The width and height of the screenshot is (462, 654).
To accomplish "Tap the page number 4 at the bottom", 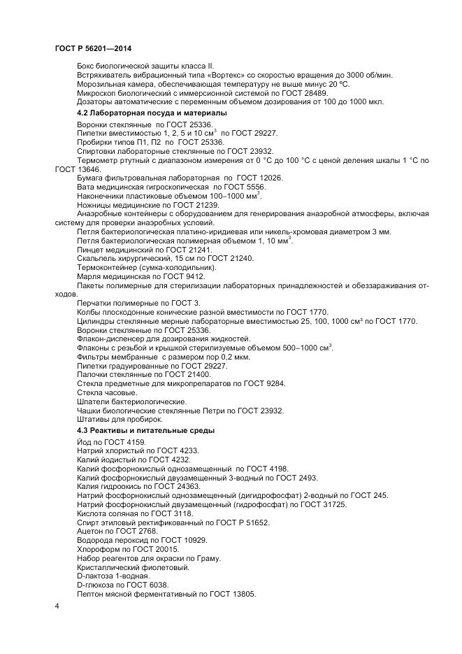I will click(x=57, y=605).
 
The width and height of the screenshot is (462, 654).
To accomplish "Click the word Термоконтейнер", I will click(x=106, y=267).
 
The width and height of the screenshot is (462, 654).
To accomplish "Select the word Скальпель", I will click(x=95, y=258).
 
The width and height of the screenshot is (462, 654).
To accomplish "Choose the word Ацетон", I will click(x=91, y=532).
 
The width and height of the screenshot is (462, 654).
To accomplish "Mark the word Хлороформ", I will click(x=97, y=550).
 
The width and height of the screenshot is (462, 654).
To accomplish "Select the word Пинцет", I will click(x=91, y=249).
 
